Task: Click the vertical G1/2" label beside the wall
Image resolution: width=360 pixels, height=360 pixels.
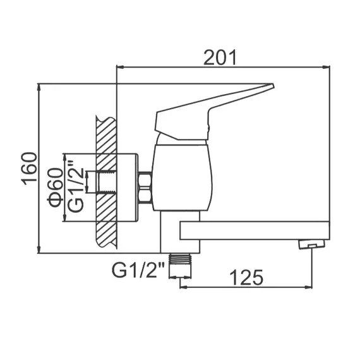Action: coord(76,187)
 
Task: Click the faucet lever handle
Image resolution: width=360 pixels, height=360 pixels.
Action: coord(208,111)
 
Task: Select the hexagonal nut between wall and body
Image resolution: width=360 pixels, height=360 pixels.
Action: coord(145,188)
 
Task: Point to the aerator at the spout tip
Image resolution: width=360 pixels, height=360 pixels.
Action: coord(309,244)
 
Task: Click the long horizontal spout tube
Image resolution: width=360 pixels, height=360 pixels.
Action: coord(253,230)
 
